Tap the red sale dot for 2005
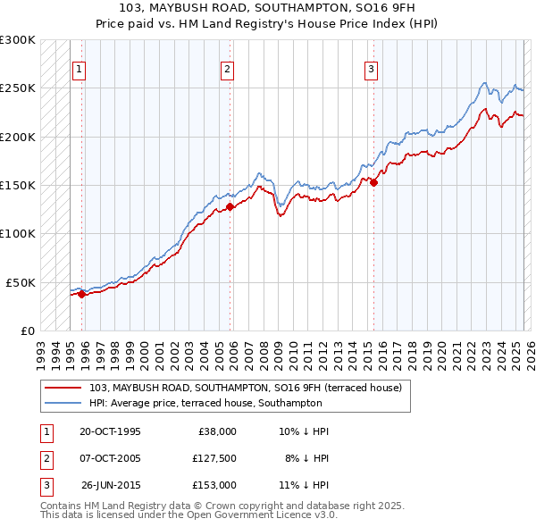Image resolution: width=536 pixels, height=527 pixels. click(x=230, y=206)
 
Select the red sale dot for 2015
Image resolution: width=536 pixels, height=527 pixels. click(x=374, y=183)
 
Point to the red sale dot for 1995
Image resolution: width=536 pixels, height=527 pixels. click(x=82, y=294)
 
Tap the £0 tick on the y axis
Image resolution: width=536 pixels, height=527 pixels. click(x=28, y=330)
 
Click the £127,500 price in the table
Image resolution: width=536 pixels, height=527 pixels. click(x=214, y=458)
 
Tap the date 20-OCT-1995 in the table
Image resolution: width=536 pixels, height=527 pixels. click(x=110, y=431)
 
